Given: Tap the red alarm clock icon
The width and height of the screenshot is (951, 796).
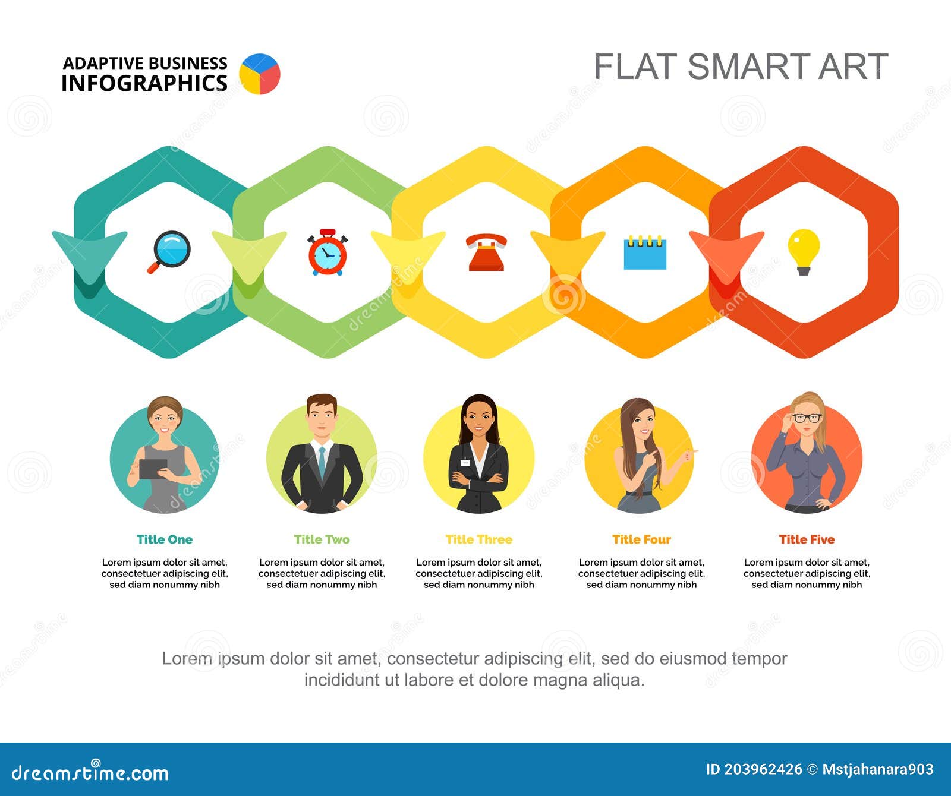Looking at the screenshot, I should coord(327,252).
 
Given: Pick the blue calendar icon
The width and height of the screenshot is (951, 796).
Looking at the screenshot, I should coord(645,253).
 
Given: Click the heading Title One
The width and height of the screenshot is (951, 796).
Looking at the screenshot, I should coord(165,539).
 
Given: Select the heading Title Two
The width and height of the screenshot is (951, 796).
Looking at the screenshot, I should coord(322,539).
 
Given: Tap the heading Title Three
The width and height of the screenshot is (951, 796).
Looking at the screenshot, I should coord(478,539).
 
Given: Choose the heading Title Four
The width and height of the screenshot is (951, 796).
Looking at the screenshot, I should coord(641,539).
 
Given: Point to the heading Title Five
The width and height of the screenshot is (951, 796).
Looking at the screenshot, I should coord(807,539).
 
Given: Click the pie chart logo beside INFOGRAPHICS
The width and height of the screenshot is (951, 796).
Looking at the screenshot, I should coord(260,74).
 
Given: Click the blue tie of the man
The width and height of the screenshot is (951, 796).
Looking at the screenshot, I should coord(322,462).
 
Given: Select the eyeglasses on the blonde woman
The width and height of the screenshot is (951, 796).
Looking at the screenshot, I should coord(808,418).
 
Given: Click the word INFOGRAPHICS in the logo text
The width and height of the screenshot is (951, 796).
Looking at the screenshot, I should coord(144,83).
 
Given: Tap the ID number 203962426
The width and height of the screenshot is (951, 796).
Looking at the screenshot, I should coord(763,770).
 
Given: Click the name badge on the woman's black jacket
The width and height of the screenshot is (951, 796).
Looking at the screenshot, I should coord(465,462).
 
